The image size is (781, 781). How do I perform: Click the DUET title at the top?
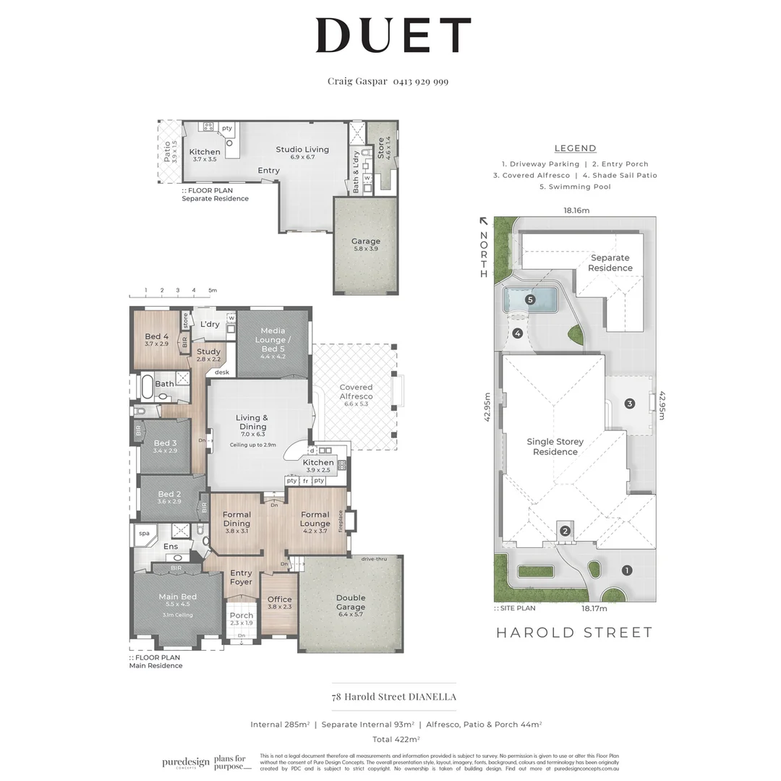pos(393,35)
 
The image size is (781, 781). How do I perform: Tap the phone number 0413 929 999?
pos(421,82)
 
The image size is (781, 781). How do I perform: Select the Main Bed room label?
pos(178,597)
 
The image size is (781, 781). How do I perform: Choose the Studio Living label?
pos(302,150)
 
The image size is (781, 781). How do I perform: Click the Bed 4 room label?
pos(156,336)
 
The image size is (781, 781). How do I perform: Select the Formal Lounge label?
pos(315,518)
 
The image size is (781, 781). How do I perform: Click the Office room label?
pos(279,599)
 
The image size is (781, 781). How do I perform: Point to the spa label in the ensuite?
pos(144,534)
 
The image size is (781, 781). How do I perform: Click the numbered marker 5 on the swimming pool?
pos(530,299)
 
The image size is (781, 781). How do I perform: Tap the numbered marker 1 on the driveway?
pos(626,570)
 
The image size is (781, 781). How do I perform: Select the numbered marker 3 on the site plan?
pos(629,404)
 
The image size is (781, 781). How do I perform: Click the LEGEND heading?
pos(575,148)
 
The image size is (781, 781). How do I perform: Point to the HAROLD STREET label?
pos(574,633)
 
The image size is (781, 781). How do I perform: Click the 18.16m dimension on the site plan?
pos(576,210)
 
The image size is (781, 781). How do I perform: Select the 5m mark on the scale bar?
pos(212,291)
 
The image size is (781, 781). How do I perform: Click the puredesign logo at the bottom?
pos(186,762)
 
